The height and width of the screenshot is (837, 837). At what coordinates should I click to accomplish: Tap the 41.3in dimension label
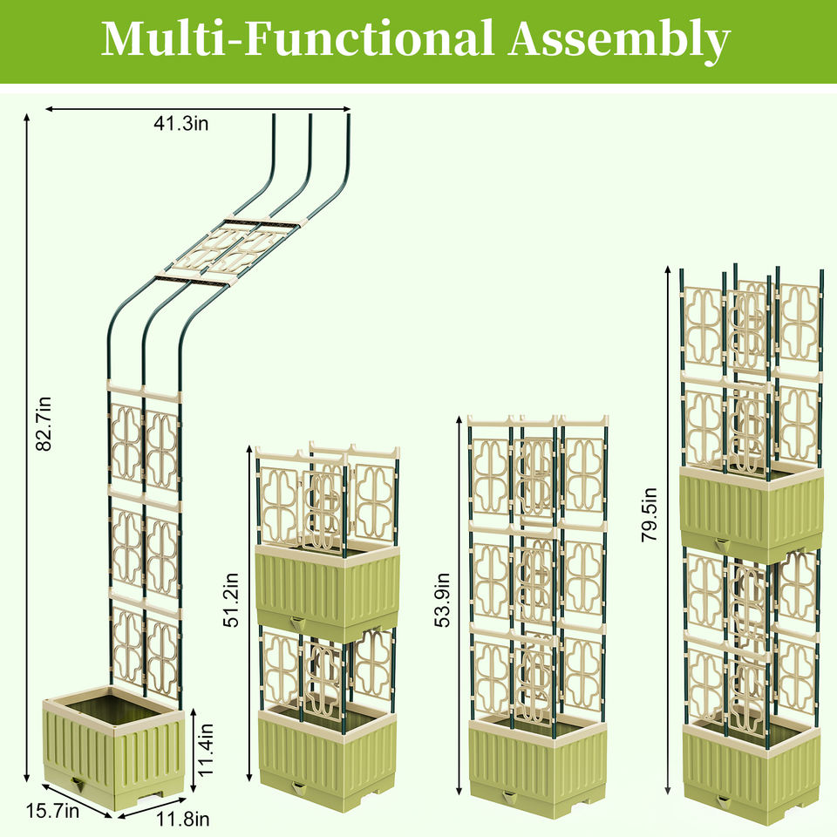click(181, 125)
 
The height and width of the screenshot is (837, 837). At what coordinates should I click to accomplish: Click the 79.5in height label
click(650, 514)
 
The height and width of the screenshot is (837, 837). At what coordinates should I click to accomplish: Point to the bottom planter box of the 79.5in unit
click(751, 767)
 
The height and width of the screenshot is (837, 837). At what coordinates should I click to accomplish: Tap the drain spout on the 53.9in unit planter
click(509, 794)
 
